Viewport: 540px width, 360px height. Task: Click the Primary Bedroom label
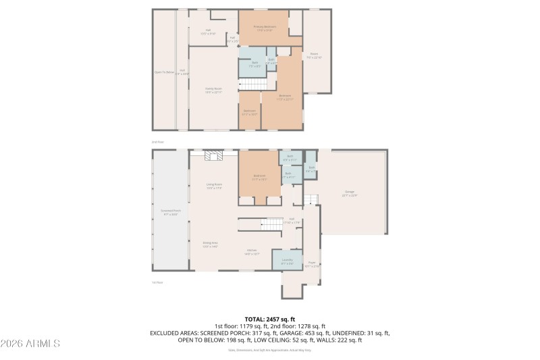click(x=264, y=28)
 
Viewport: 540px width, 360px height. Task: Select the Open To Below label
click(x=165, y=72)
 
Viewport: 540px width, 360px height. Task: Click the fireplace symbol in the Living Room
click(x=214, y=156)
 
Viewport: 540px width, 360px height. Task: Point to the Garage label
click(x=350, y=193)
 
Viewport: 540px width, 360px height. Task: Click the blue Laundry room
click(x=287, y=260)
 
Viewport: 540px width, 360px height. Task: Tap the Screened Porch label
click(x=169, y=212)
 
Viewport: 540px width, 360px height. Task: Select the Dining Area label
click(x=210, y=244)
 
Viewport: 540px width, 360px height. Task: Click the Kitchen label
click(x=251, y=253)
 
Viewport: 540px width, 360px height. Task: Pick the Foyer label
click(x=312, y=264)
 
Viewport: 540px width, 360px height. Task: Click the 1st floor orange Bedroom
click(x=259, y=177)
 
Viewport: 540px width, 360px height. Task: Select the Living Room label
click(x=214, y=186)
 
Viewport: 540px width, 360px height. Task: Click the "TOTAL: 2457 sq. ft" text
click(x=270, y=319)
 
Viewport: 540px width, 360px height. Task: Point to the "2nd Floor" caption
click(x=157, y=142)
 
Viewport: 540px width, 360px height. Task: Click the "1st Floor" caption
click(x=157, y=282)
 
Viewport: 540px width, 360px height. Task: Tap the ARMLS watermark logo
click(x=30, y=343)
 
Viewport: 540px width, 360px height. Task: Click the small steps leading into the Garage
click(x=310, y=199)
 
